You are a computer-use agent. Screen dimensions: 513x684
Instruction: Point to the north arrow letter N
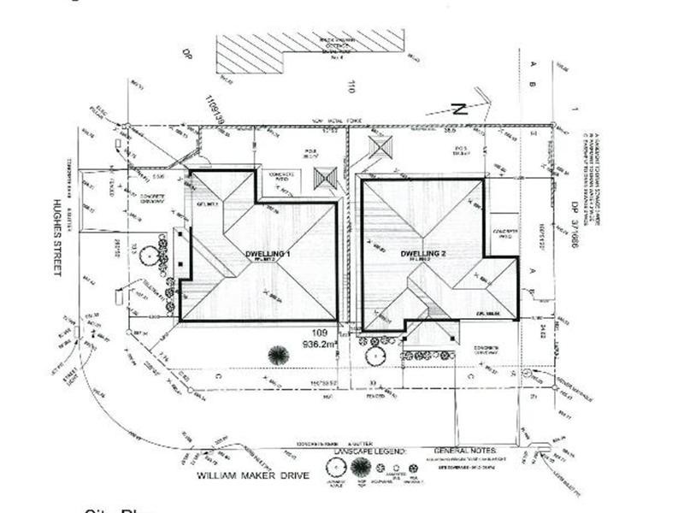tap(458, 109)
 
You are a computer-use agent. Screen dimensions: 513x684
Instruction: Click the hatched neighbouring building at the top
tap(308, 52)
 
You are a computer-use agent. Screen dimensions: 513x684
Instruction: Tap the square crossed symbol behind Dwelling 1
tap(326, 179)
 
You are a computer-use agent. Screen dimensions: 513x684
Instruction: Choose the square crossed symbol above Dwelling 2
tap(380, 146)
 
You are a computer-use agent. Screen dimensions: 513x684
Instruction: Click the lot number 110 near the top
tap(351, 85)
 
